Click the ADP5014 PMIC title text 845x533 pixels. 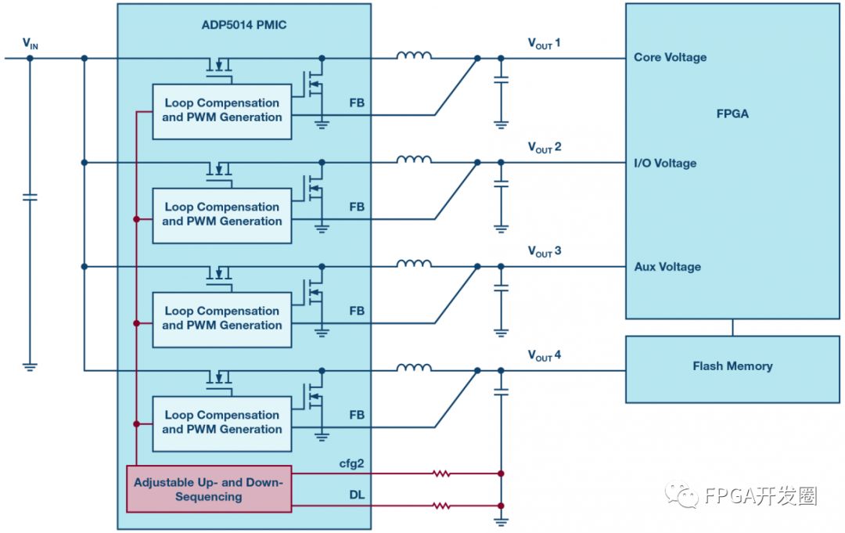click(244, 25)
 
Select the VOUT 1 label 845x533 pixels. click(544, 44)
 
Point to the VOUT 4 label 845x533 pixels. click(544, 357)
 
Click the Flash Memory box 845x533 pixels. click(732, 366)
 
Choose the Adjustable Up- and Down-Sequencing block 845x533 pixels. click(209, 489)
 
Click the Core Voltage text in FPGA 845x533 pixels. click(671, 57)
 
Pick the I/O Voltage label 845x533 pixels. click(665, 163)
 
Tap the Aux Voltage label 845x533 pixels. click(667, 267)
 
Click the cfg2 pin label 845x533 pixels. click(351, 464)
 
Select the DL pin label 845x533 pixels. click(356, 495)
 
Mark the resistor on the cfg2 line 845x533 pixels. click(442, 474)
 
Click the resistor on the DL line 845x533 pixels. click(442, 506)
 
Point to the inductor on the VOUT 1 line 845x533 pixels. click(413, 56)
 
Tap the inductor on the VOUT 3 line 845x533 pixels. click(413, 265)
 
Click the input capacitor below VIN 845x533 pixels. click(30, 197)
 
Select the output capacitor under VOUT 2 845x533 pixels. click(501, 185)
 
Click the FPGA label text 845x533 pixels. click(732, 114)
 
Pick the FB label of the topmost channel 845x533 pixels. click(357, 103)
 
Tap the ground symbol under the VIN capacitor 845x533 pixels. click(30, 366)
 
